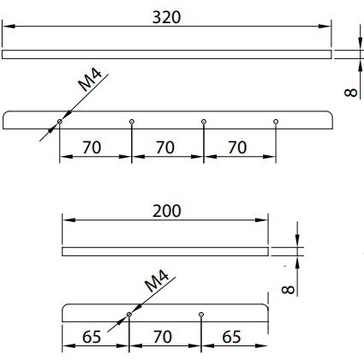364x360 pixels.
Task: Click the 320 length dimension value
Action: pyautogui.click(x=166, y=17)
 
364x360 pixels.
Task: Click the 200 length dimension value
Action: pyautogui.click(x=166, y=211)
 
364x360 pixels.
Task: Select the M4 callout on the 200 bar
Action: pyautogui.click(x=157, y=281)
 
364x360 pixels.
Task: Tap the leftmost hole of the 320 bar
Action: pyautogui.click(x=60, y=122)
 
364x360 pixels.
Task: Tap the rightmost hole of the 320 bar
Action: pyautogui.click(x=276, y=122)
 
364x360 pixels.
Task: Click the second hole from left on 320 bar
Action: pyautogui.click(x=132, y=122)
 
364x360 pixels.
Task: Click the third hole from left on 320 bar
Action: pyautogui.click(x=204, y=122)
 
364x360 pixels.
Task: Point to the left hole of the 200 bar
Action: pyautogui.click(x=129, y=315)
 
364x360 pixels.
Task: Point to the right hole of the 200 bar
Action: pyautogui.click(x=201, y=315)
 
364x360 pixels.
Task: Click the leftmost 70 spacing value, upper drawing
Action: pyautogui.click(x=92, y=147)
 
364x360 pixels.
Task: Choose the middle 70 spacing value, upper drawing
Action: pyautogui.click(x=164, y=147)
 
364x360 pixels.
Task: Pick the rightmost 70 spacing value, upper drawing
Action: pyautogui.click(x=237, y=147)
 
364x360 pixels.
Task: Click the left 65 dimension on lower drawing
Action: pyautogui.click(x=92, y=337)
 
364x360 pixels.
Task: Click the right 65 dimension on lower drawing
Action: pyautogui.click(x=231, y=337)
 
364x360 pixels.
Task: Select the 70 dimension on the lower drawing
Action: pyautogui.click(x=163, y=337)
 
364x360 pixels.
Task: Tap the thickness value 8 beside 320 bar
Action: pyautogui.click(x=351, y=93)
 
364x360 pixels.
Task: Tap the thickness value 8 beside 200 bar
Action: pyautogui.click(x=288, y=290)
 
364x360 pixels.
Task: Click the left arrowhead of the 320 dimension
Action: pyautogui.click(x=9, y=27)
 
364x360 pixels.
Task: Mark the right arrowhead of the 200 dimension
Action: pyautogui.click(x=261, y=220)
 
